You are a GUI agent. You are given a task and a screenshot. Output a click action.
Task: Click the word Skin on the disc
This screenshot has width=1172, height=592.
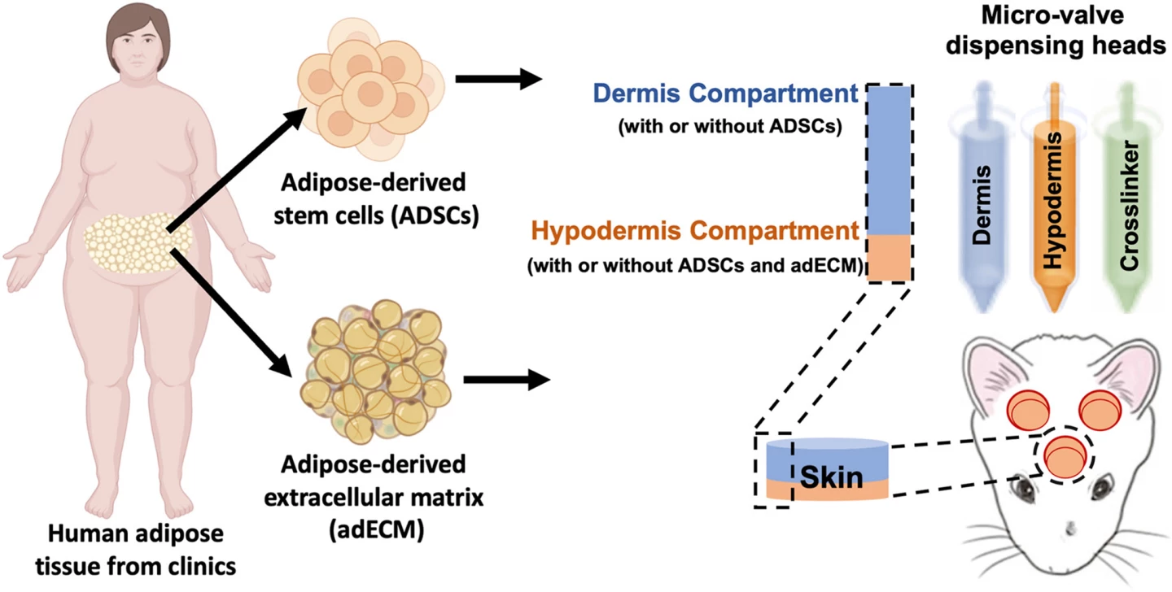(831, 477)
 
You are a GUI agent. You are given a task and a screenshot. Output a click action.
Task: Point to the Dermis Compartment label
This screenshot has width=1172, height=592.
(725, 94)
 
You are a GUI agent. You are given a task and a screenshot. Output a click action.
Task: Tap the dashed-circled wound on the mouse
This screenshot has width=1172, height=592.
(1063, 455)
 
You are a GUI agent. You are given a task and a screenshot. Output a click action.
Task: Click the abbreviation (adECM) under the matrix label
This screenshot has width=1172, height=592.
(372, 533)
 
